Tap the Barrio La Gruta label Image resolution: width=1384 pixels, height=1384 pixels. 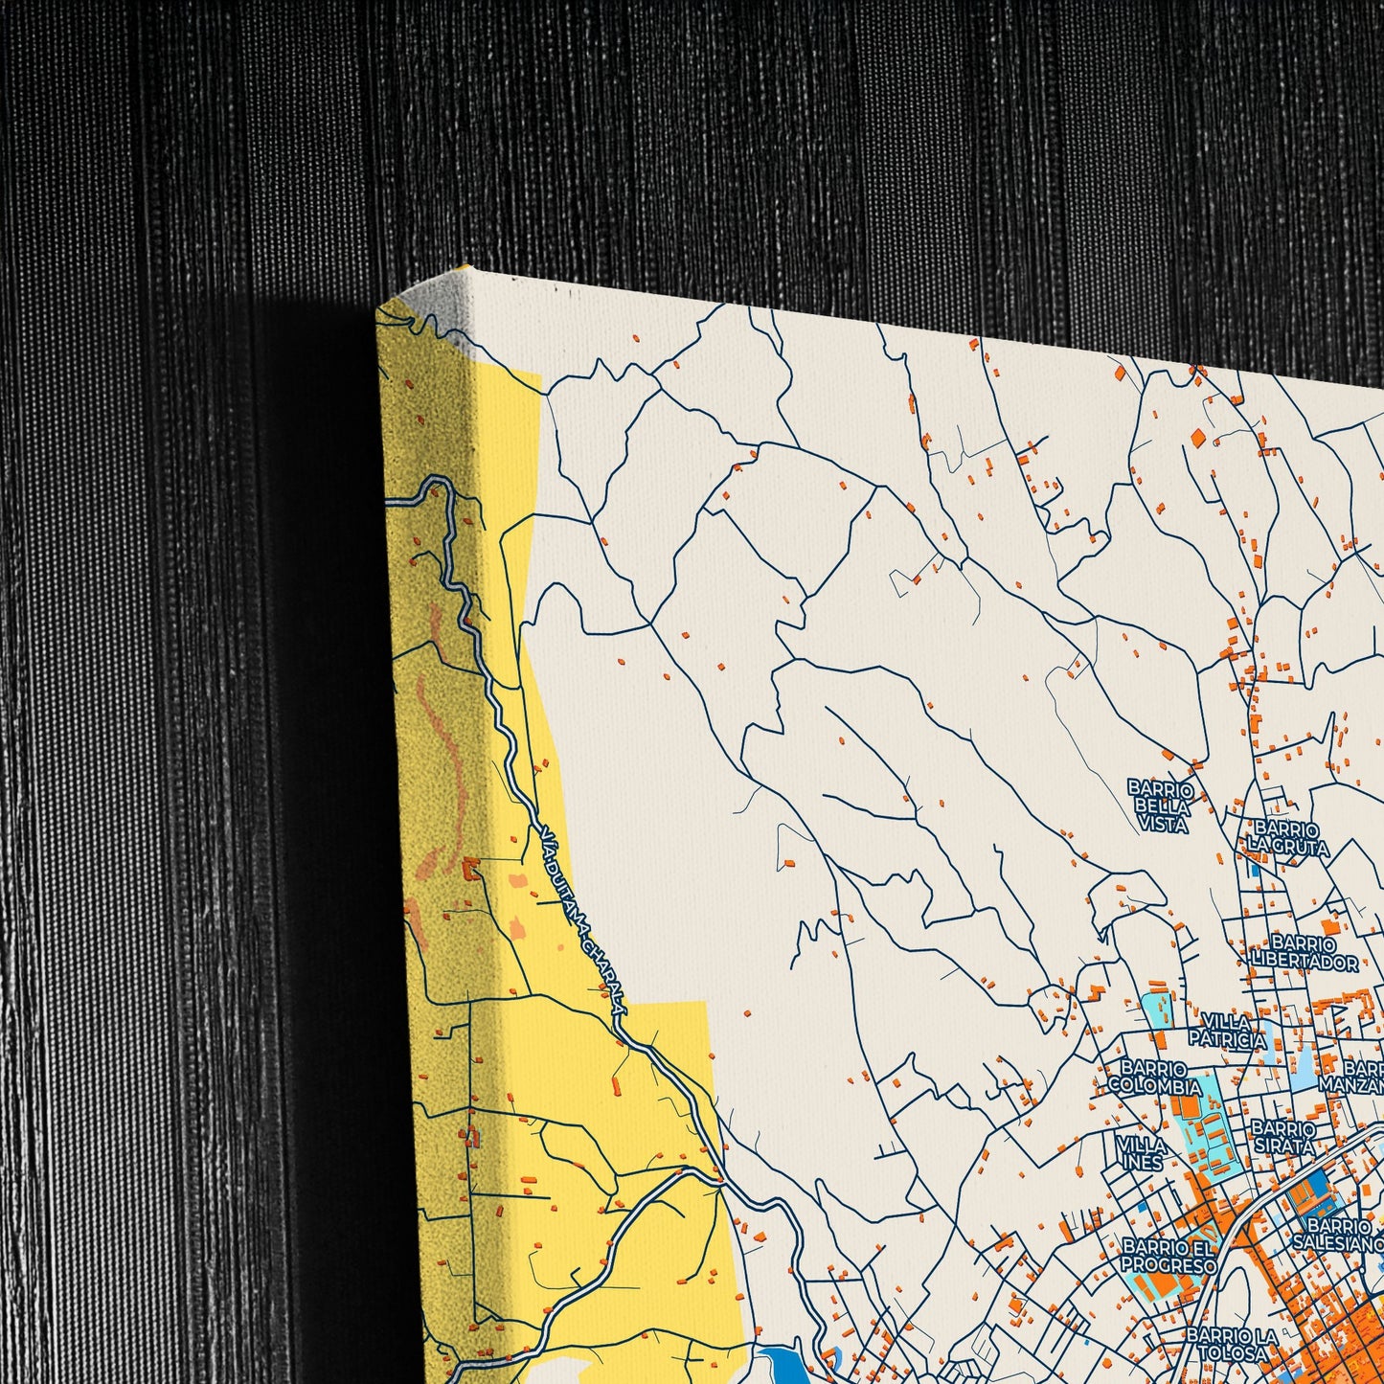[1286, 837]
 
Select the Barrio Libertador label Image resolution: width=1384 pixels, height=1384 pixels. [1304, 953]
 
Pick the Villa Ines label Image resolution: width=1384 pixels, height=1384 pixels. [1140, 1153]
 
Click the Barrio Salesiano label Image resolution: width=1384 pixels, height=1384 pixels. [1339, 1234]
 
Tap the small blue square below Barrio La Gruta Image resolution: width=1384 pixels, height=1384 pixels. [1254, 870]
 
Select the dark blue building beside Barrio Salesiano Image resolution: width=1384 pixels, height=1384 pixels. [1302, 1193]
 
